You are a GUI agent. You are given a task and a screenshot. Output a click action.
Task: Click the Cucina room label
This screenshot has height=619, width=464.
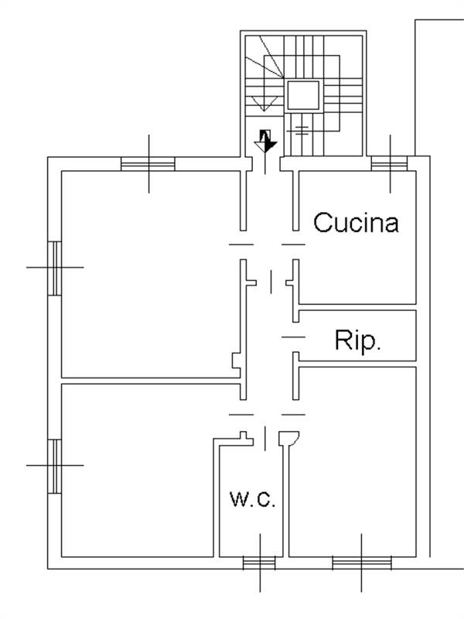pos(356,222)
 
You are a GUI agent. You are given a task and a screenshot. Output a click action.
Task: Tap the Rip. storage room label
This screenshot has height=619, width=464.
pos(357,340)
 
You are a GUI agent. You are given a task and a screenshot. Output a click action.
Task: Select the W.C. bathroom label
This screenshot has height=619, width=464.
pos(253,498)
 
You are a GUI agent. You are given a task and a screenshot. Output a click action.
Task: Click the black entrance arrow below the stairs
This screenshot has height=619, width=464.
pos(265,141)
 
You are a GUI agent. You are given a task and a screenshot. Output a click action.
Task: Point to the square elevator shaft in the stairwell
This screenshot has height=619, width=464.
pos(303,95)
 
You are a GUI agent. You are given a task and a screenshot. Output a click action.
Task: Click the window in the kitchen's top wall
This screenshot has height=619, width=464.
pos(390,163)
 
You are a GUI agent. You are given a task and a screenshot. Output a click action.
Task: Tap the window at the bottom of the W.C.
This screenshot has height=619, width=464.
pos(259,563)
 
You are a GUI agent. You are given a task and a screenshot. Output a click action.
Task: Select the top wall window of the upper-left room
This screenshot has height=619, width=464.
pos(148,163)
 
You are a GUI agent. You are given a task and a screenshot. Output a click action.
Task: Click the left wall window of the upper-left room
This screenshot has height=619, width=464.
pos(54,268)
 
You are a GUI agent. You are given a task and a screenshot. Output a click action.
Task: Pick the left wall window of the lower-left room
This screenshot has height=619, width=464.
pos(54,467)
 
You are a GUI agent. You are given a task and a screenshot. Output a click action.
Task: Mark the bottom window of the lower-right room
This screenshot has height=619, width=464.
pos(362,563)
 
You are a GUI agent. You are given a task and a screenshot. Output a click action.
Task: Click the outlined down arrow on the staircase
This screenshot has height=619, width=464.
pos(264,104)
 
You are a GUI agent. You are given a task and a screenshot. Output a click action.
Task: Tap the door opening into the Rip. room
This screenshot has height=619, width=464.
pos(294,337)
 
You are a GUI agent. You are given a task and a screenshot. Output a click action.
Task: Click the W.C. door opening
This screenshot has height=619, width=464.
pos(265,438)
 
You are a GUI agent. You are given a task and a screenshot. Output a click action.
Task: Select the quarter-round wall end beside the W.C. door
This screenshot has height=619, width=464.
pos(289,438)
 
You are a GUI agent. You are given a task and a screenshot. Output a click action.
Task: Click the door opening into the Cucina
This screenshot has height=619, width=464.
pos(294,245)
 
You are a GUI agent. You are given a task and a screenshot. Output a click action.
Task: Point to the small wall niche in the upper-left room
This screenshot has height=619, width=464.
pos(236,361)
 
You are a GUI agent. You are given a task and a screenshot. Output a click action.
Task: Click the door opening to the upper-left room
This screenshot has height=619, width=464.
pos(241,245)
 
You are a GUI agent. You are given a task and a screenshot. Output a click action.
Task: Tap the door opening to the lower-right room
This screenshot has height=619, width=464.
pos(294,415)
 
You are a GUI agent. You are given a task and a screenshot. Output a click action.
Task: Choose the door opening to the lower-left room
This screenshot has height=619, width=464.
pos(241,415)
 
